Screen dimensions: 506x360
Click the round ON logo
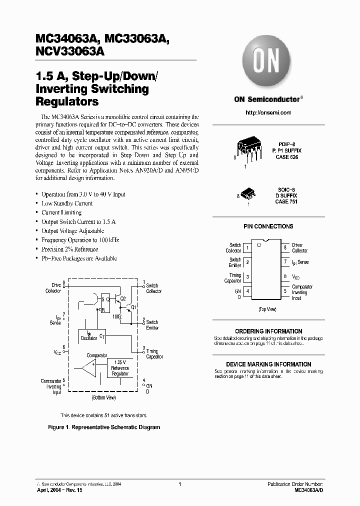click(x=268, y=61)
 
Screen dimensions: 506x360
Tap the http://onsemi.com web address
click(x=268, y=113)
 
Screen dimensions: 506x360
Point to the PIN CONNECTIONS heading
click(x=268, y=226)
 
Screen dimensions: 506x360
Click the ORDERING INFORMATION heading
click(x=268, y=331)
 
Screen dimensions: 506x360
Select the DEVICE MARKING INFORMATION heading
click(x=268, y=364)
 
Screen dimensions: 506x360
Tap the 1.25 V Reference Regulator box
click(x=119, y=368)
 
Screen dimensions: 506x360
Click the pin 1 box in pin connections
click(x=248, y=247)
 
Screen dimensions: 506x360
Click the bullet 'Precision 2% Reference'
click(x=69, y=249)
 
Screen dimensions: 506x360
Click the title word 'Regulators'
click(x=67, y=101)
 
